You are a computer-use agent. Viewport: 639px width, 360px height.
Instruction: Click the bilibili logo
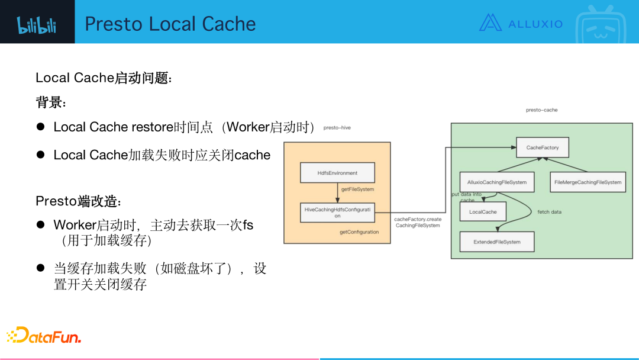37,24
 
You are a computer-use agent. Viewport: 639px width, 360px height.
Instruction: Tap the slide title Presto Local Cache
170,24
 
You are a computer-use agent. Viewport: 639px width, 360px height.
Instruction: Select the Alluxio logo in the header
521,23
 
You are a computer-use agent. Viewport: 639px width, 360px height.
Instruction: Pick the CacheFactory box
543,147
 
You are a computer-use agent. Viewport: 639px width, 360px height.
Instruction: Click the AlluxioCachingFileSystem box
496,182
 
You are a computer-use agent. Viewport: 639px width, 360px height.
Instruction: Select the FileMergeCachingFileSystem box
588,182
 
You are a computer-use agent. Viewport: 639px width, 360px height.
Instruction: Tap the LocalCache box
483,211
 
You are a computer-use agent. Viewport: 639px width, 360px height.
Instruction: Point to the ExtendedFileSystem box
497,242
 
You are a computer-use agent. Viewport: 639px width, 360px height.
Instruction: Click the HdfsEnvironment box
338,173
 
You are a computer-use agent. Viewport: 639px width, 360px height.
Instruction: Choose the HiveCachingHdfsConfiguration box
338,212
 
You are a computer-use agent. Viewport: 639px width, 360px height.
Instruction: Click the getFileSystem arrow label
358,189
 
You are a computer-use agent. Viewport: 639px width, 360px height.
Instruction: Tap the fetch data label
549,211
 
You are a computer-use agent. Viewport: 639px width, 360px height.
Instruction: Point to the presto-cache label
541,110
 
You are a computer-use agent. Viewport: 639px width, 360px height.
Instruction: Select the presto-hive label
337,127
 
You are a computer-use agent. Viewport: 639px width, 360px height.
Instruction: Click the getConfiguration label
359,232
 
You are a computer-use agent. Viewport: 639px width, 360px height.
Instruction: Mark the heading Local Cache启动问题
104,78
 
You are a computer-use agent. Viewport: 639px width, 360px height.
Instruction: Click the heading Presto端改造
79,201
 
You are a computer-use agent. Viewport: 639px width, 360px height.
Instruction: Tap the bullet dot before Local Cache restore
41,127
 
